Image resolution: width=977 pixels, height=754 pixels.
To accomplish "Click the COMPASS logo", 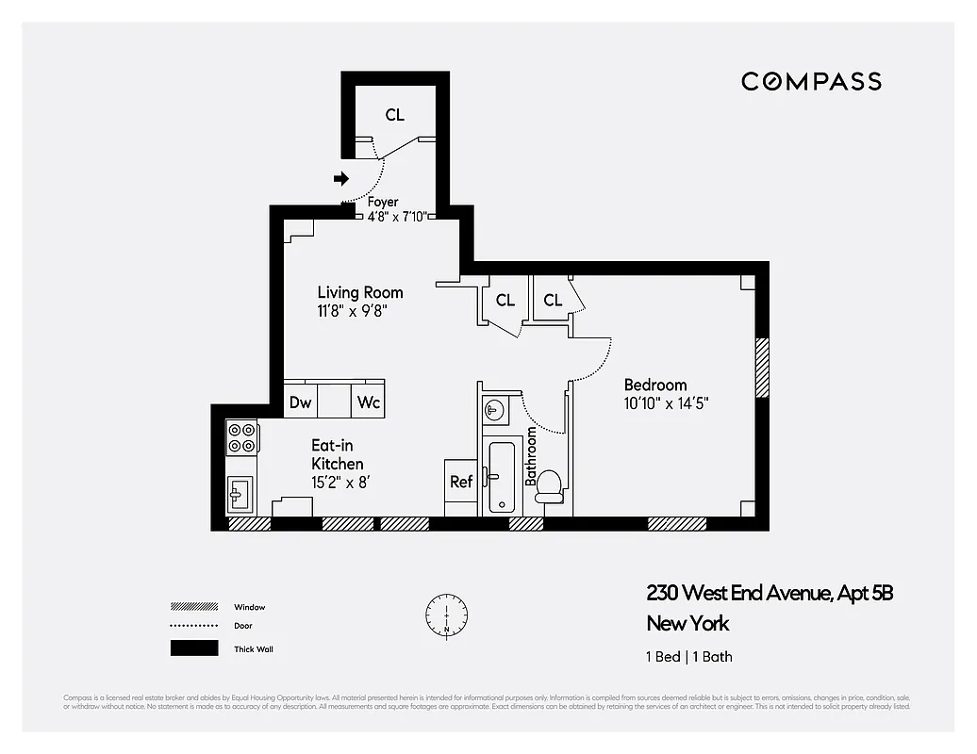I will [x=811, y=82].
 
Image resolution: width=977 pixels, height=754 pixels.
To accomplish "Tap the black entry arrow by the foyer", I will [x=341, y=178].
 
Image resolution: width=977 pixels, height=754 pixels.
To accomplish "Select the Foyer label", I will [x=383, y=202].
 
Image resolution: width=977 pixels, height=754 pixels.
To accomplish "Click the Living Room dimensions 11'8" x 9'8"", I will [x=352, y=310].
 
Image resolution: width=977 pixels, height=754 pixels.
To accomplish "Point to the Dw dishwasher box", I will [x=300, y=402].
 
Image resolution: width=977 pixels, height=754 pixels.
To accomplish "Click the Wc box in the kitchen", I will [x=368, y=402].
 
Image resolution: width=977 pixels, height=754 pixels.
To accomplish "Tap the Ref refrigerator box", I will [x=460, y=482].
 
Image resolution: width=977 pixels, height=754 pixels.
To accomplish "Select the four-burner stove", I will [x=242, y=436].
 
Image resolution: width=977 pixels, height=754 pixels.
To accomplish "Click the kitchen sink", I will [x=240, y=492].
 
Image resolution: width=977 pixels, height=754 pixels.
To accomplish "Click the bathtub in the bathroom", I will [x=501, y=477].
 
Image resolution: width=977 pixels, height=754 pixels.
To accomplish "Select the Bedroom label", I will [x=655, y=385].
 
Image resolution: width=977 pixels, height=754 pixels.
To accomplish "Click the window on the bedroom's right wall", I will [x=762, y=368].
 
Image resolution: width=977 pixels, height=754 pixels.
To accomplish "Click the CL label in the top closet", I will [x=394, y=115].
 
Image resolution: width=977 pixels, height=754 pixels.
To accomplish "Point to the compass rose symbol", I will [x=445, y=614].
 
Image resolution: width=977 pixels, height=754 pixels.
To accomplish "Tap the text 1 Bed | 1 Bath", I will [x=688, y=657].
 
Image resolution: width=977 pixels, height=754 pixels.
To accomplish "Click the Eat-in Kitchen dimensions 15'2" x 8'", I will [x=345, y=482].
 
